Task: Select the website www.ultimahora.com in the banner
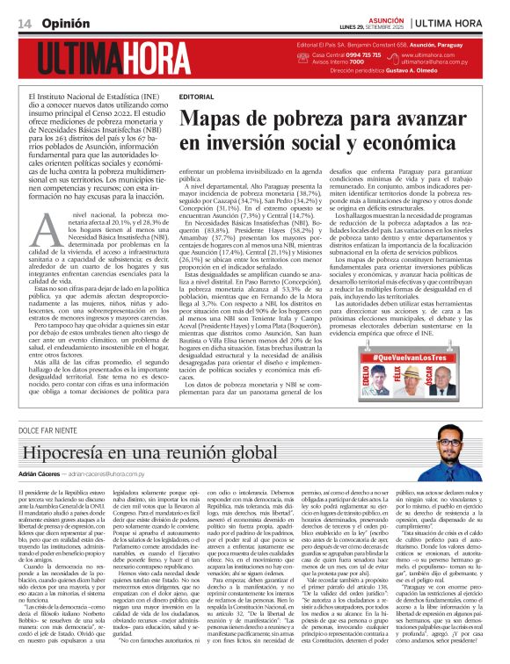[426, 54]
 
